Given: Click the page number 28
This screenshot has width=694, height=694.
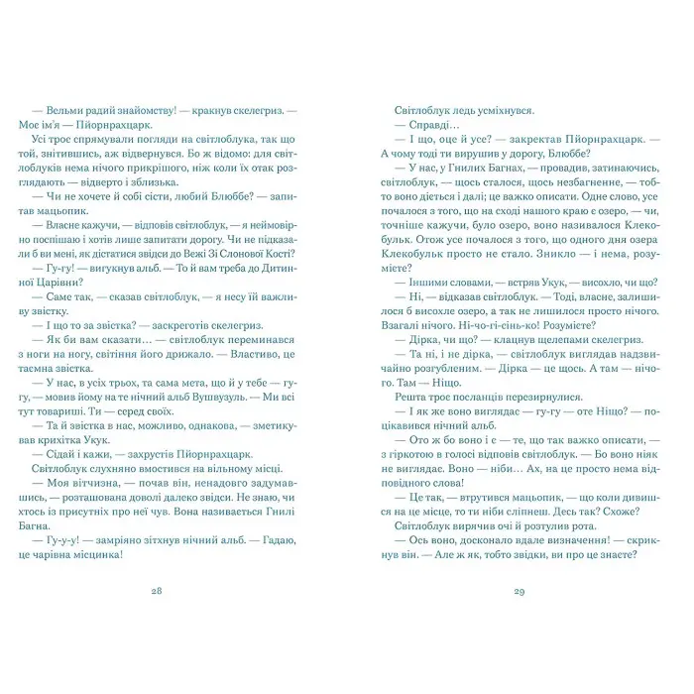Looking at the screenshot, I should (184, 591).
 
